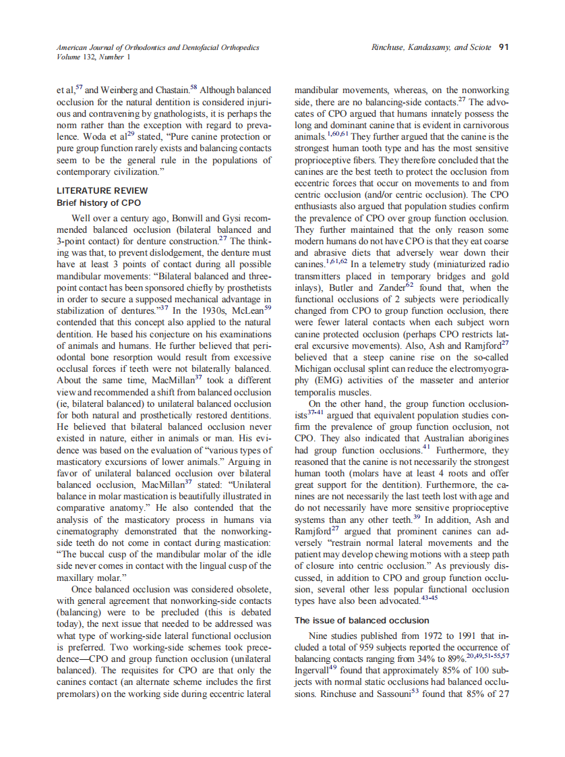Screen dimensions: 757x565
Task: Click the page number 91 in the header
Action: click(x=503, y=47)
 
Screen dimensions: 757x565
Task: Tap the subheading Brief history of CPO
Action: click(x=98, y=202)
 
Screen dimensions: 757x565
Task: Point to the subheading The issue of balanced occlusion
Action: click(x=361, y=620)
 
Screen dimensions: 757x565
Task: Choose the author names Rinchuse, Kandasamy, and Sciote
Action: click(x=431, y=47)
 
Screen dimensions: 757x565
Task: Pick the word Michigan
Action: click(x=314, y=368)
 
